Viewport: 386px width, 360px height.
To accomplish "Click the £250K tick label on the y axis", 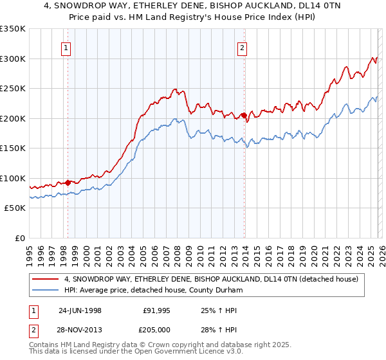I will [x=13, y=89].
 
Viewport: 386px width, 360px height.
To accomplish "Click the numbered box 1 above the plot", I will [x=68, y=47].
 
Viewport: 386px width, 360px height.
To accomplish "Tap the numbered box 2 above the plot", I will [x=243, y=47].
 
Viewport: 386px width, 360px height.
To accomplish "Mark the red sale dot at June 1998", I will [x=68, y=183].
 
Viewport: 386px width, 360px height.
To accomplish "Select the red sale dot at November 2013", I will [x=244, y=116].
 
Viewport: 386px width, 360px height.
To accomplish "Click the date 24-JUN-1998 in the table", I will [x=80, y=310].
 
